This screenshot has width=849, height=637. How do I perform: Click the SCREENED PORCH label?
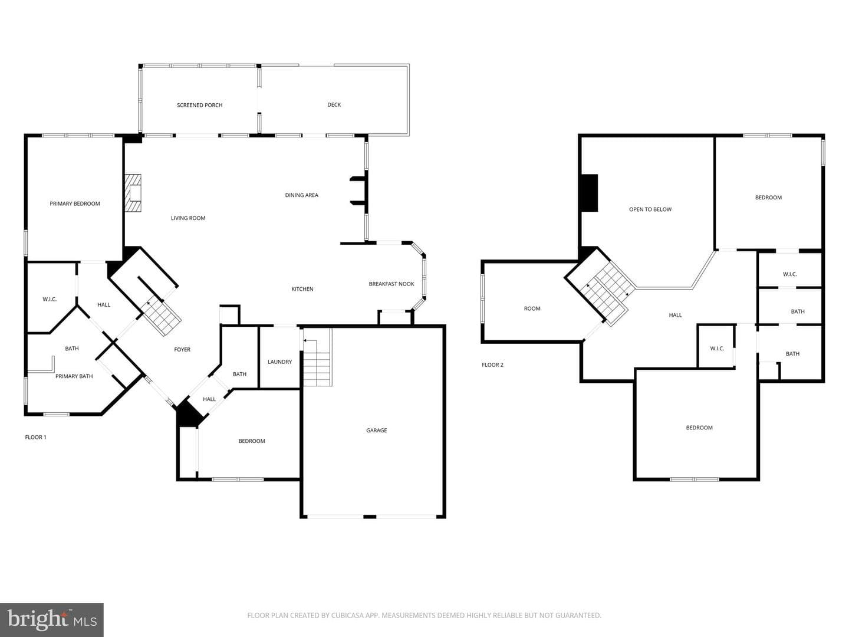pos(200,105)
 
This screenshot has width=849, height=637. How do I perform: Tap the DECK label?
pos(334,104)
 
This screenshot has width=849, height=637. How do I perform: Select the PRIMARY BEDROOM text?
pos(75,203)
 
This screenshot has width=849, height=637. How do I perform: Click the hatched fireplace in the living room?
pos(133,193)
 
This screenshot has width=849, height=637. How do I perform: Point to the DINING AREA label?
pos(302,195)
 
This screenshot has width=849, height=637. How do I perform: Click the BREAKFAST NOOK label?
pos(391,284)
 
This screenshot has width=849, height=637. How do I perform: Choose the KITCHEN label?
pos(302,289)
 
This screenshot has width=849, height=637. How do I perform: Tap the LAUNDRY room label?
pos(279,362)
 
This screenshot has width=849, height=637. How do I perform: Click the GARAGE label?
pos(376,430)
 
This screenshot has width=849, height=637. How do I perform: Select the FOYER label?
pos(182,349)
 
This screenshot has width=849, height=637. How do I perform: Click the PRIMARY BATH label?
pos(74,376)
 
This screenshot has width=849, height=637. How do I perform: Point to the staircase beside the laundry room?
pos(318,357)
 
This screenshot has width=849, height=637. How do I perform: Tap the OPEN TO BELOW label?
pos(650,209)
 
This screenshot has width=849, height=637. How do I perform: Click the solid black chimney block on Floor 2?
pos(590,193)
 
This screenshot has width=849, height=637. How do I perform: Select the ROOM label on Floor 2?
pos(532,308)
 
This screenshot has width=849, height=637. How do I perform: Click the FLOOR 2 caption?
pos(492,365)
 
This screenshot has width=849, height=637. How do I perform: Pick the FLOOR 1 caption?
pos(35,437)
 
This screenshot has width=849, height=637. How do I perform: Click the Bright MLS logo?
pos(52,620)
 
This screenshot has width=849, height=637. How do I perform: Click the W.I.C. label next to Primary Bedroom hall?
pos(50,299)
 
